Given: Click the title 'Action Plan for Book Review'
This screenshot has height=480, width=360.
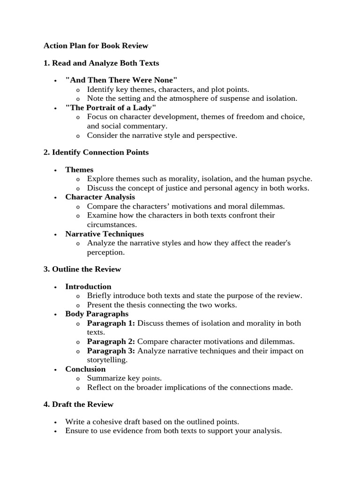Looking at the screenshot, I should point(96,45).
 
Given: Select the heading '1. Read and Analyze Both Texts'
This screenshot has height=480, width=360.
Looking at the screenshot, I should point(101,63).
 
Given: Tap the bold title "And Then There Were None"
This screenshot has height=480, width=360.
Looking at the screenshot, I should point(121,80).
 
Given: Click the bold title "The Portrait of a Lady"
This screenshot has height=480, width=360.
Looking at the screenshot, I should point(111,108).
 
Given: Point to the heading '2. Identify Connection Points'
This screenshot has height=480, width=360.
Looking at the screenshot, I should point(96,152).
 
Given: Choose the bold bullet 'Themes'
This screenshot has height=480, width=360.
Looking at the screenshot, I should point(79,169).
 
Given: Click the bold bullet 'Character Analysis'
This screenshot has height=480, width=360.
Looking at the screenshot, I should point(100,197).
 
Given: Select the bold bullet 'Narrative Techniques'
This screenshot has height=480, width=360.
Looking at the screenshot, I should point(105,233).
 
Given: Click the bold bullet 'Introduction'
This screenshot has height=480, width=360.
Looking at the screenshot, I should point(88,286).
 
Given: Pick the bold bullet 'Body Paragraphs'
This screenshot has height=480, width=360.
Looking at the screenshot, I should point(97,314).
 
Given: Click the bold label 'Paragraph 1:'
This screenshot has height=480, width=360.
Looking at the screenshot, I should point(111,323).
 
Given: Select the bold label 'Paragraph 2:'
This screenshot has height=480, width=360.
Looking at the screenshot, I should point(111,341).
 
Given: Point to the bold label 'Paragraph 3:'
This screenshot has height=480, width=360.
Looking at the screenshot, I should point(111,351).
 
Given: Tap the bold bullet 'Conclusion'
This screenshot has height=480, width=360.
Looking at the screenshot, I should point(85,369).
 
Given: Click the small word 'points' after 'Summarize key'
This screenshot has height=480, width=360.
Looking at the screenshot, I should point(151,378).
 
